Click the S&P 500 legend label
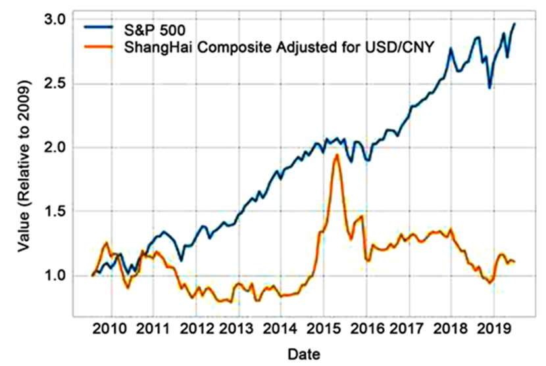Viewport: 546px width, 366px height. pos(156,28)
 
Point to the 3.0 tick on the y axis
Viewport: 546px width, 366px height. pos(61,20)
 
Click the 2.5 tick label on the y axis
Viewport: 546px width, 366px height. pos(61,83)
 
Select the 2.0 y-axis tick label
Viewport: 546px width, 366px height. pos(61,147)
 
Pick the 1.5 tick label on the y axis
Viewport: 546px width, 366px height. pos(61,211)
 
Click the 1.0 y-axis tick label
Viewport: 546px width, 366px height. pos(61,275)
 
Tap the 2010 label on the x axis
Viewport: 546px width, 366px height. pos(110,328)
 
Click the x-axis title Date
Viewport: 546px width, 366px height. pos(303,354)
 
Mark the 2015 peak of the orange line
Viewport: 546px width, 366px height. pos(337,155)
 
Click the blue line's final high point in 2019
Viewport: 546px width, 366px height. pos(514,24)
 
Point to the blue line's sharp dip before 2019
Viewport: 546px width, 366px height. pos(489,87)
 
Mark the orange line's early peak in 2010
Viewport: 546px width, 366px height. pos(106,242)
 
